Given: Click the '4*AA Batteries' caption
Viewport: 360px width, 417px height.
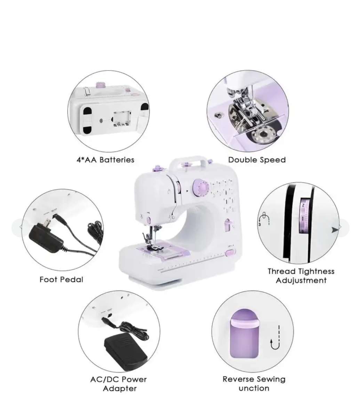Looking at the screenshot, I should click(x=105, y=160).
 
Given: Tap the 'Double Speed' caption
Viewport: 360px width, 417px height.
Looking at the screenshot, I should click(x=257, y=160).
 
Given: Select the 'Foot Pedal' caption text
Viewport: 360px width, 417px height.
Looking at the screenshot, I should click(x=61, y=279).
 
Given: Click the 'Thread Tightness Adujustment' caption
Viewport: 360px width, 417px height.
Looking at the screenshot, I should click(x=301, y=276).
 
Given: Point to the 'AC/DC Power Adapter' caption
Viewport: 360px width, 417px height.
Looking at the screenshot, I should click(x=119, y=384).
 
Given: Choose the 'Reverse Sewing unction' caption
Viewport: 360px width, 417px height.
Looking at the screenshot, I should click(x=254, y=384).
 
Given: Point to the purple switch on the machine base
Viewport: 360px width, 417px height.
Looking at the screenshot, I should click(x=229, y=254).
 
